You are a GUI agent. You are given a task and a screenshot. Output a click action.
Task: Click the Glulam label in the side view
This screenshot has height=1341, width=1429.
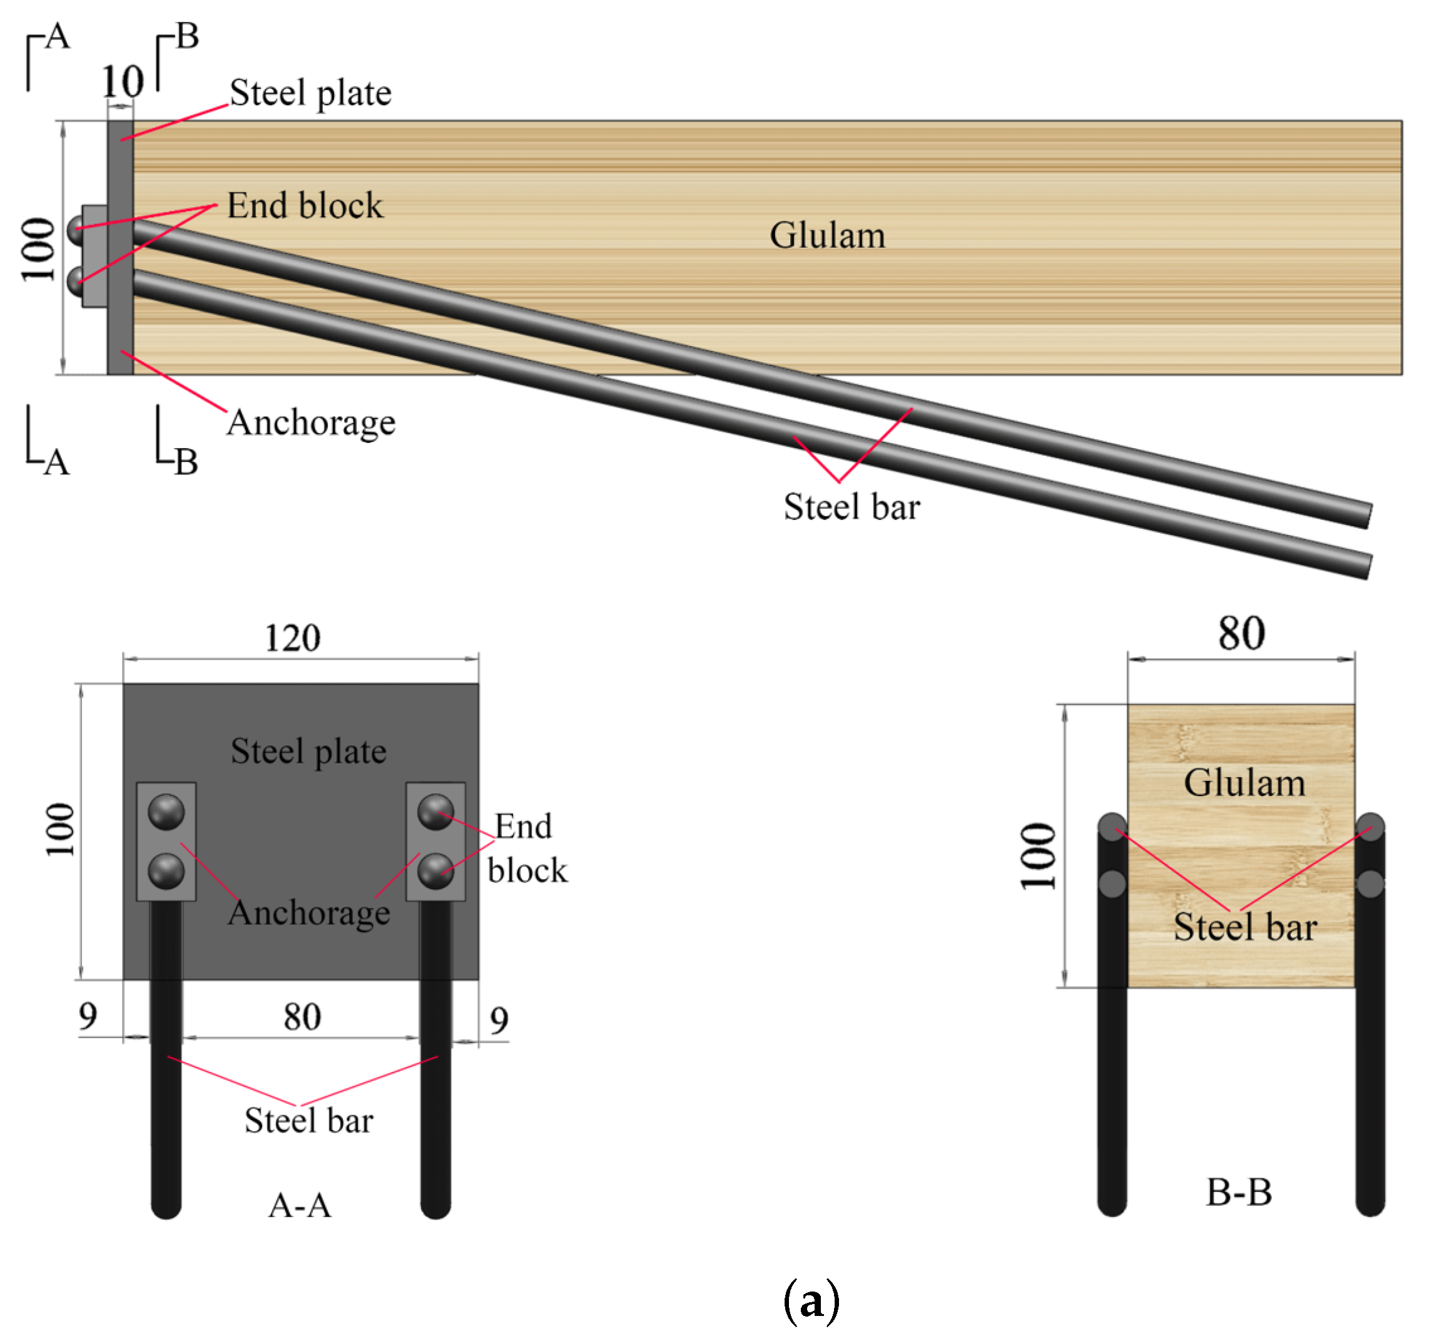point(826,236)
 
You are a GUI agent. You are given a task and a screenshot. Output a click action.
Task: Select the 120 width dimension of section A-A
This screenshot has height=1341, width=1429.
point(293,638)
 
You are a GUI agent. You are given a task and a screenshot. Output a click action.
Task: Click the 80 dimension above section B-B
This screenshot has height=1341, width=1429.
point(1241,634)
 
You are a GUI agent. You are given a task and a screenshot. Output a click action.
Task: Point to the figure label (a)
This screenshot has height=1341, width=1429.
point(811,1300)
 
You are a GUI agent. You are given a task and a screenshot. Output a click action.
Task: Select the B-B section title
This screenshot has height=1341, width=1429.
point(1239,1192)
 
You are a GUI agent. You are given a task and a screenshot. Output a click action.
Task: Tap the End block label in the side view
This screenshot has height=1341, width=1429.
point(305,206)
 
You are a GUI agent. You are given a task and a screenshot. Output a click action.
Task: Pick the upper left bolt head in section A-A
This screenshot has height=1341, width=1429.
point(166,812)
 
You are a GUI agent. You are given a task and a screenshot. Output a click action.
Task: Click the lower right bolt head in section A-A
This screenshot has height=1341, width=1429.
point(435,871)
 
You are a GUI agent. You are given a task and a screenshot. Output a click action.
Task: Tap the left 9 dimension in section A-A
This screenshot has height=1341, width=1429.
point(88,1016)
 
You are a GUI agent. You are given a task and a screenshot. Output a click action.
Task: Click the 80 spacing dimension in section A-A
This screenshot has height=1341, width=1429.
point(302,1017)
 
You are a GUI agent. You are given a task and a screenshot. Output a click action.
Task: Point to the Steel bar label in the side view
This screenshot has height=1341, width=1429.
point(851,507)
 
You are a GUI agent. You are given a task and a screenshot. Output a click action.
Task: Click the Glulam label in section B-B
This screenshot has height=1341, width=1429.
point(1244,782)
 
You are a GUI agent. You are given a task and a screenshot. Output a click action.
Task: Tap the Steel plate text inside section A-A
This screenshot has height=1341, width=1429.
point(308,751)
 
